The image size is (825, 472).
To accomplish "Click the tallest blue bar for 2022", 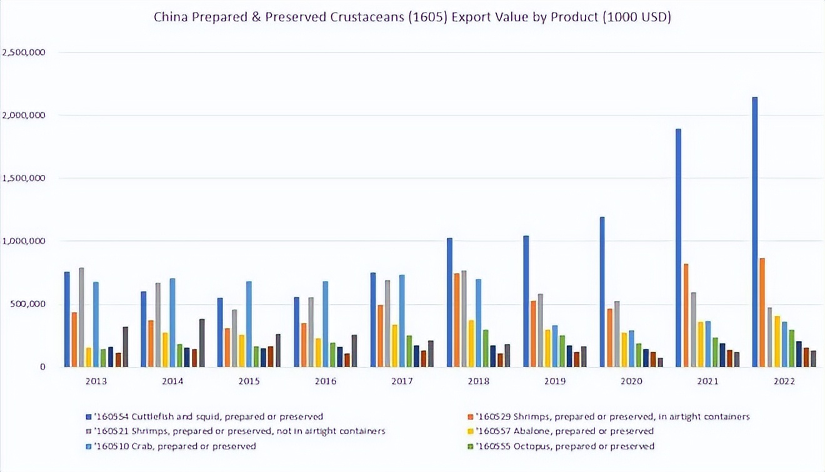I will coord(755,232).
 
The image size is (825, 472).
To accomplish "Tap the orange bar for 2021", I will coord(686,315).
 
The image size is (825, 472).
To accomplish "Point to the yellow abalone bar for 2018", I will coord(471,343).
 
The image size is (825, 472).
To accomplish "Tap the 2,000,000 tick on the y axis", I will coord(24,116).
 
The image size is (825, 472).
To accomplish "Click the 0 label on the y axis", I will coord(42,367).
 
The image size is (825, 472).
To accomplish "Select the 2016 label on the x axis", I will coord(325,381).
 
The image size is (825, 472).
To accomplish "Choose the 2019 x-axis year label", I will coord(555,381).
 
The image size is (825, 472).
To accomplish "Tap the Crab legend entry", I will coord(175,446).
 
